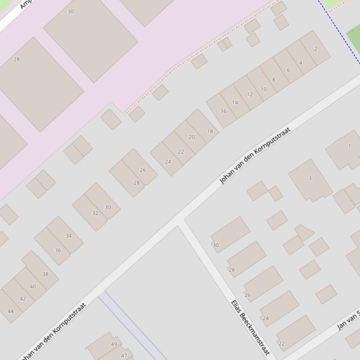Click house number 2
coord(316,49)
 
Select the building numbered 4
coord(301,63)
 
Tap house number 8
coord(274,79)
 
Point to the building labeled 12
coord(250,94)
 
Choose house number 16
coord(223,111)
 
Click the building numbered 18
coord(210,131)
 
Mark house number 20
coord(191,137)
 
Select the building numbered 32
coord(95,213)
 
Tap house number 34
coord(68,236)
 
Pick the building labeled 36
coord(58,250)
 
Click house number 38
coord(45,274)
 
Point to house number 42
coord(23,299)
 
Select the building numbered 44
coord(11,311)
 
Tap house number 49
coord(114,344)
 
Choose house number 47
coord(124,355)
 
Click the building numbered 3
coord(309,178)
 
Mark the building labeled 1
coord(349,146)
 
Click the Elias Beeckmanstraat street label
coord(250,327)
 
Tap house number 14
coord(235,102)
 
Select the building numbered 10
coord(263,89)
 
